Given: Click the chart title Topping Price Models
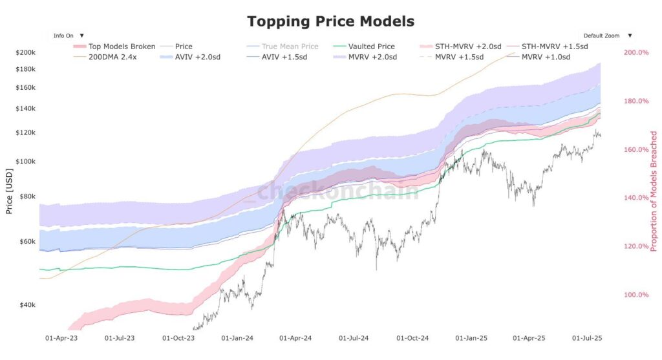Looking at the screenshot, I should pos(330,21).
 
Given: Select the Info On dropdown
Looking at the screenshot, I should pos(68,36).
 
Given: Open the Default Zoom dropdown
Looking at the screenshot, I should pos(608,36).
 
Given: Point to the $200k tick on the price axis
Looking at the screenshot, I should pos(26,52).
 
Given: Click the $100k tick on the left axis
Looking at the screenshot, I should pos(26,162).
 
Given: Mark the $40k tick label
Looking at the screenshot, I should pos(28,305).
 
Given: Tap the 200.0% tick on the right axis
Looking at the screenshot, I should pos(635,52).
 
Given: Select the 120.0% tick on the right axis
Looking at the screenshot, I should pos(635,246).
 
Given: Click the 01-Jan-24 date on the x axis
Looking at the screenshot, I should pos(237,338).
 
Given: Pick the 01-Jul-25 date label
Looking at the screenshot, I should pos(587,338).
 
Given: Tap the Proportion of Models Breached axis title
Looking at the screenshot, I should pos(654,191).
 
